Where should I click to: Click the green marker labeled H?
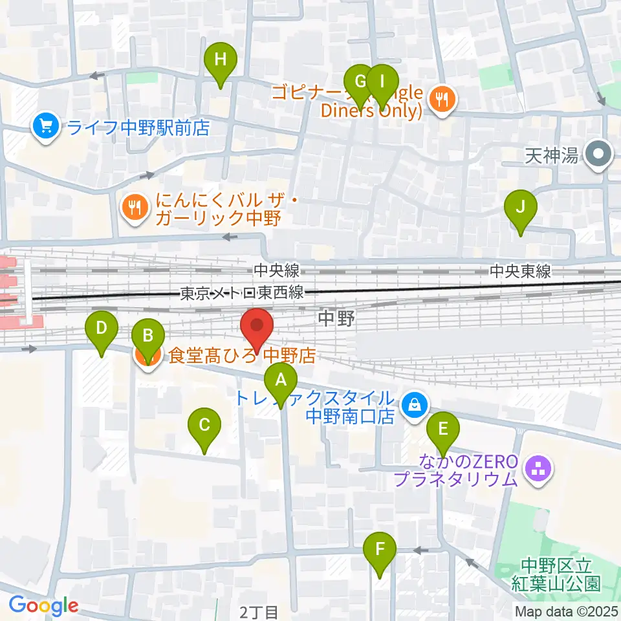221,61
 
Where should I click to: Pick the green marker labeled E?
443,429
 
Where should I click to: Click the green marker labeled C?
204,426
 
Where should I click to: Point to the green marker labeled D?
102,328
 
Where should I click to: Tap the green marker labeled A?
280,380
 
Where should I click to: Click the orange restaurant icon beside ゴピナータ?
443,99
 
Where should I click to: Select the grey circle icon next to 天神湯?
598,155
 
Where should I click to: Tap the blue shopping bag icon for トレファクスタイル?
411,406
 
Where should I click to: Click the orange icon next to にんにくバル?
133,208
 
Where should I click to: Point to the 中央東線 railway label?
520,271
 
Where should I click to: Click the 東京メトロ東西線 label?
242,293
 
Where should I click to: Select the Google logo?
43,605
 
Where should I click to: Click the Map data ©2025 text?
566,611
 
